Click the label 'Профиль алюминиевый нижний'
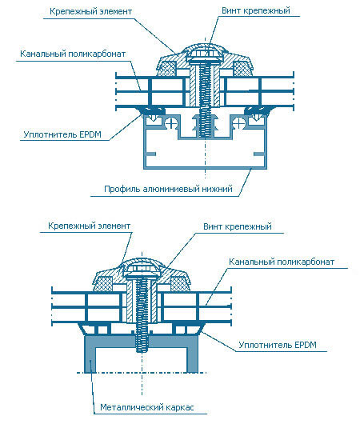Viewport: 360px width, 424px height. pos(168,189)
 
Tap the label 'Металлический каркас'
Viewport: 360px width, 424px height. pos(147,407)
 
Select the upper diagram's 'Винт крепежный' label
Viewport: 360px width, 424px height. pos(256,11)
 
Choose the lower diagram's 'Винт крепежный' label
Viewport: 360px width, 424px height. pos(238,226)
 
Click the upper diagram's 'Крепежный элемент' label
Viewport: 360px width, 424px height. pos(91,12)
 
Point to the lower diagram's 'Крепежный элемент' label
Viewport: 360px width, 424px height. pos(89,226)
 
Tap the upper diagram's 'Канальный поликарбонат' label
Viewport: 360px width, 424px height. pos(73,54)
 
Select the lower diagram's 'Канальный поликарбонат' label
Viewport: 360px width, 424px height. pos(282,262)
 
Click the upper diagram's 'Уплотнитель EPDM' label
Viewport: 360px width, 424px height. pos(62,134)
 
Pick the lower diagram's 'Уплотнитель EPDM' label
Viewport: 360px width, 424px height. pos(278,345)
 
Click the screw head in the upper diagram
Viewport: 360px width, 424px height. pos(205,56)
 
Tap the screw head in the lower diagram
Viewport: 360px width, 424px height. pos(142,272)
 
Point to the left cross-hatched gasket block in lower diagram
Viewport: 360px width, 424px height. pos(104,284)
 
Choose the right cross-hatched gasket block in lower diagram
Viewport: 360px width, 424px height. pos(179,284)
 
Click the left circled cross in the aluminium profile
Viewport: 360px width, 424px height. pos(171,123)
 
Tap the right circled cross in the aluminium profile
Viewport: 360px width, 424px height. pos(238,123)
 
